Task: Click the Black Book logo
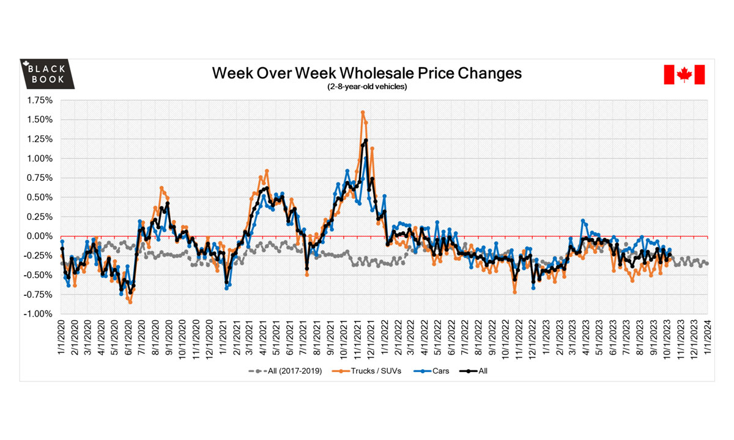tap(47, 75)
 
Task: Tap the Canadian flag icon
tap(684, 75)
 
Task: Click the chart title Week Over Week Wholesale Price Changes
tap(367, 73)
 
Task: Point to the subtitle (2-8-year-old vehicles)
tap(367, 87)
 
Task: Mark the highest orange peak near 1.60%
tap(363, 112)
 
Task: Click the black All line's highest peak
tap(366, 141)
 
